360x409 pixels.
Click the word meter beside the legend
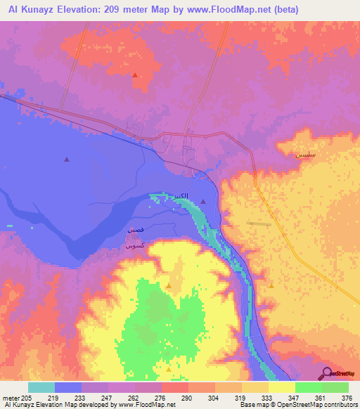[x=11, y=398]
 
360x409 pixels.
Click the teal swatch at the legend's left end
[x=41, y=387]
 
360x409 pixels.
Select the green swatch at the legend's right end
[x=335, y=387]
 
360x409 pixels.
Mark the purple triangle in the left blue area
[x=67, y=160]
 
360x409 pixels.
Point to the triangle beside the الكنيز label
[x=203, y=202]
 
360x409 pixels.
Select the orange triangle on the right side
[x=271, y=285]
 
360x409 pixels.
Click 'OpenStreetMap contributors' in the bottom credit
[x=323, y=405]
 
